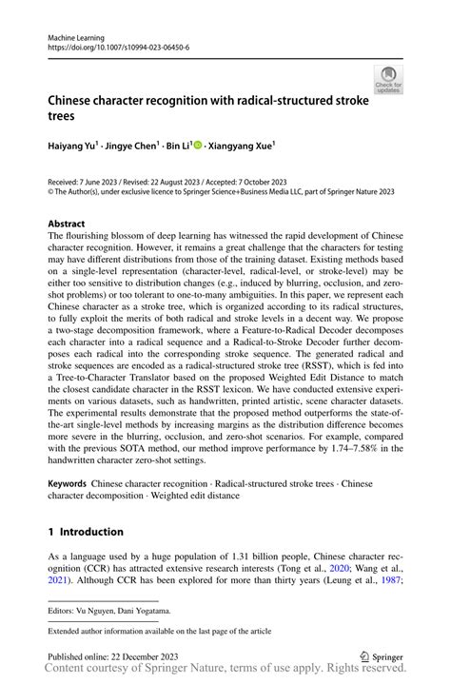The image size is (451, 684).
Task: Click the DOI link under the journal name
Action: pyautogui.click(x=118, y=46)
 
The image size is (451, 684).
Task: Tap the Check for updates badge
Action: pyautogui.click(x=387, y=81)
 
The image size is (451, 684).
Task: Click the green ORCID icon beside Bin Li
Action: pyautogui.click(x=198, y=146)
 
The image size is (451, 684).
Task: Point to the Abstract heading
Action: pyautogui.click(x=71, y=225)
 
